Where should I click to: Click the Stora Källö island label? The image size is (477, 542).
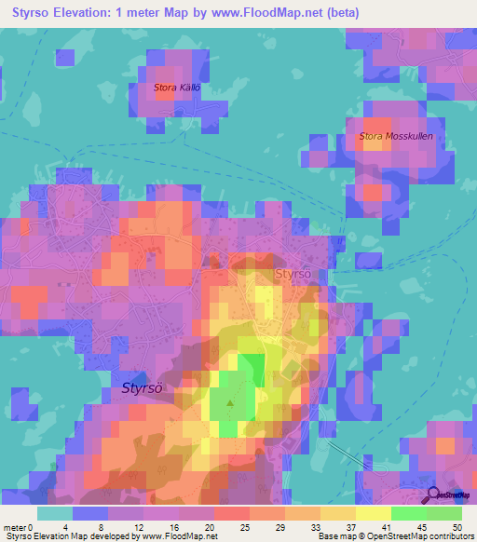(x=177, y=88)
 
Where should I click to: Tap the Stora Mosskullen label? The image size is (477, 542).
(x=396, y=136)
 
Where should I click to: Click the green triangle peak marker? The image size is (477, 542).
(x=230, y=403)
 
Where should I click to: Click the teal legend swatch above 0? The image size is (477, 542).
(x=55, y=513)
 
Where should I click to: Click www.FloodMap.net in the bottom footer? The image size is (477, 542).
(x=176, y=536)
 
